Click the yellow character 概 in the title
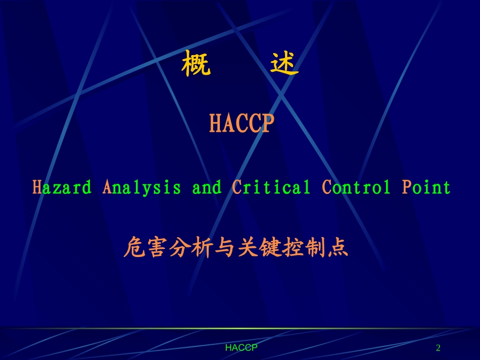point(196,64)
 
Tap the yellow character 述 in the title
point(284,64)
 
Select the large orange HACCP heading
point(242,124)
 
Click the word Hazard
point(62,187)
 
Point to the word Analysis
point(141,188)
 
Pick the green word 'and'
point(207,187)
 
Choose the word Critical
point(271,187)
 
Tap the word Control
point(357,187)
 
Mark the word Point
point(426,187)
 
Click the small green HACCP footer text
point(242,348)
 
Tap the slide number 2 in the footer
point(438,348)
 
